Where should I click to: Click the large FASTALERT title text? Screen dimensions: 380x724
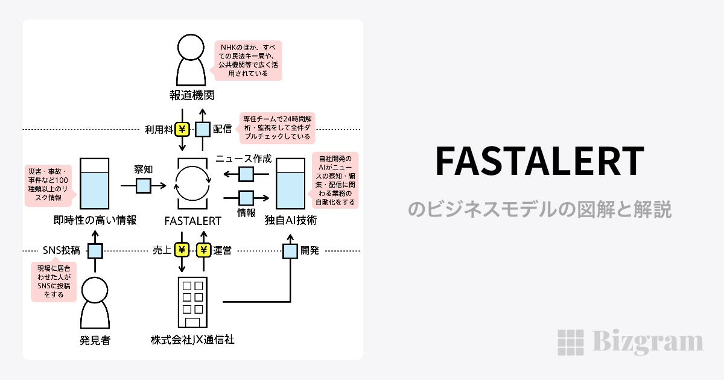539,162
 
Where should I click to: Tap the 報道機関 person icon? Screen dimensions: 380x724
192,61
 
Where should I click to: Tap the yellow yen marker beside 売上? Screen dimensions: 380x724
182,250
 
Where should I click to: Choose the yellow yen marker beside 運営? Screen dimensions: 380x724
203,250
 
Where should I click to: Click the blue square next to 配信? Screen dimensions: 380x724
203,129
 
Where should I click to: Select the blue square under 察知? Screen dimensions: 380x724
144,186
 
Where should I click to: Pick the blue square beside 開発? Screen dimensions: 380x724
291,250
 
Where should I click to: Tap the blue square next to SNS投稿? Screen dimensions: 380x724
95,250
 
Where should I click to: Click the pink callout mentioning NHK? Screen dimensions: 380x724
249,60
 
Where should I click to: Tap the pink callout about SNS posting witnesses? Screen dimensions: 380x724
54,281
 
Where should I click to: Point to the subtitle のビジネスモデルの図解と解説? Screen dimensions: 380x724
539,209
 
